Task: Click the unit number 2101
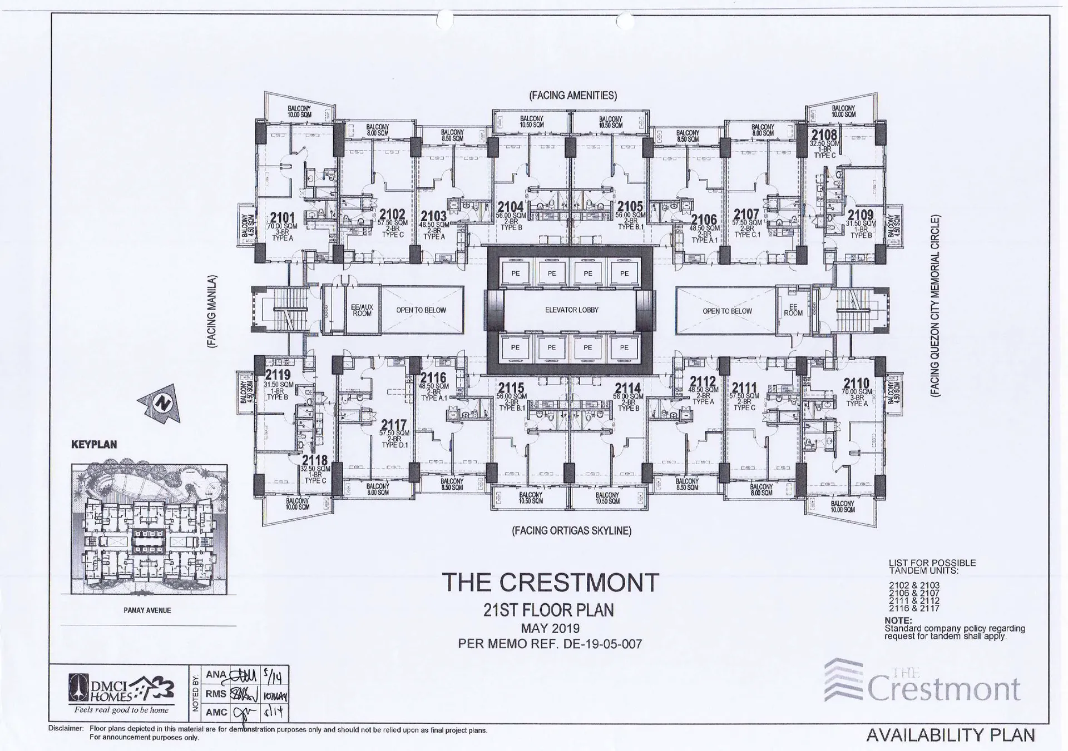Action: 282,217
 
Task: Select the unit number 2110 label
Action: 856,384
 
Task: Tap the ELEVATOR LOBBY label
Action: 571,310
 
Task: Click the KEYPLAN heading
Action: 94,445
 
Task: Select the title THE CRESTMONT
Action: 550,583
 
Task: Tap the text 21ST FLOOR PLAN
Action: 548,610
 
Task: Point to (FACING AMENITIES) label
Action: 573,96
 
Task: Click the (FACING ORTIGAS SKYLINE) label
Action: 571,531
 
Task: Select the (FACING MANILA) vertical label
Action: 211,311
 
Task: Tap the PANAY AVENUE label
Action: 147,610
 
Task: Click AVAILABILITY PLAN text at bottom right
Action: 950,735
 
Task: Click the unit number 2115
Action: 511,388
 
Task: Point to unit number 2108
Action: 824,135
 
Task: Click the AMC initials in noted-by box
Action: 216,712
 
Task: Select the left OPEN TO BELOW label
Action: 421,310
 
